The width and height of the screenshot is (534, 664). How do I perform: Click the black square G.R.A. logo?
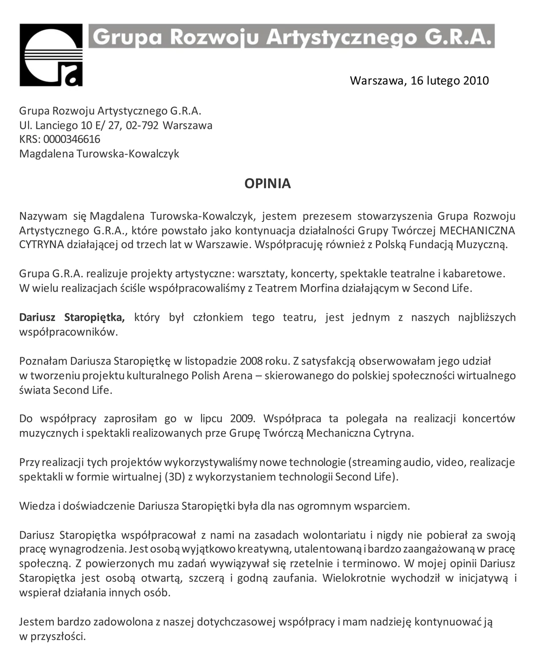click(x=51, y=55)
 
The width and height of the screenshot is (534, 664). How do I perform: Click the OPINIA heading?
click(x=267, y=183)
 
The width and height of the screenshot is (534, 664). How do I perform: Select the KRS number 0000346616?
click(x=72, y=139)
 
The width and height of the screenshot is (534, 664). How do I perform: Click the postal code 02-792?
click(x=142, y=125)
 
